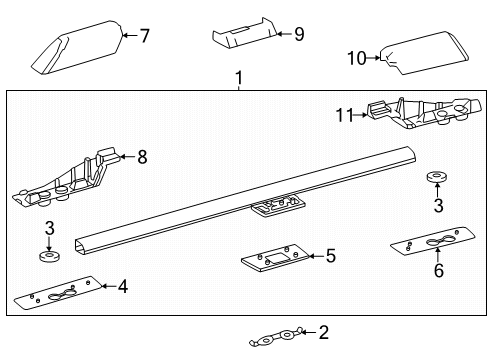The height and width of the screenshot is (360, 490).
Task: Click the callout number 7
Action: pyautogui.click(x=145, y=37)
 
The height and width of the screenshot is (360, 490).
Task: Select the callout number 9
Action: pyautogui.click(x=299, y=34)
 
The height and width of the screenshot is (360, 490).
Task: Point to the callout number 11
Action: pyautogui.click(x=345, y=116)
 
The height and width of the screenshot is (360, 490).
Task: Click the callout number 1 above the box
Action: pyautogui.click(x=238, y=79)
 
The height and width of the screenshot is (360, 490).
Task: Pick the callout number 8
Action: pyautogui.click(x=142, y=156)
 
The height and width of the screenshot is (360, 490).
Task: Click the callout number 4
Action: pyautogui.click(x=122, y=288)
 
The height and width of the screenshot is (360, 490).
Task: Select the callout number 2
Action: pyautogui.click(x=323, y=332)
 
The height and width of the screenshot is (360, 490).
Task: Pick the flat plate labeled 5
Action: pyautogui.click(x=277, y=261)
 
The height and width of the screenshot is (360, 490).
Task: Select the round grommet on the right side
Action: pyautogui.click(x=436, y=178)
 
